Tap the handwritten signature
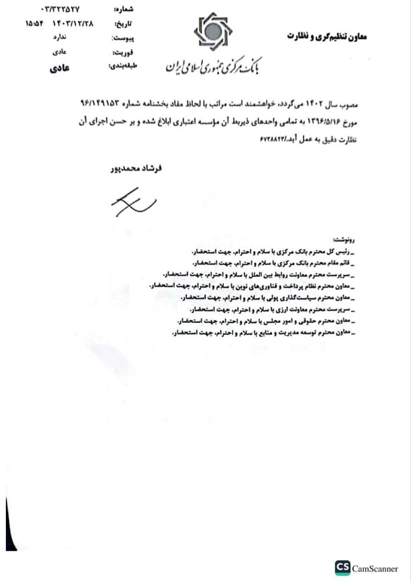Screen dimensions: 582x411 click(x=133, y=203)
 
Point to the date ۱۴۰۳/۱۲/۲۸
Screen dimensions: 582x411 click(x=72, y=24)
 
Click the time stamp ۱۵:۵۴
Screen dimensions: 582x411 click(x=35, y=24)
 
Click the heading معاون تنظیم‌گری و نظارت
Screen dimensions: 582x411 click(x=328, y=36)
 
